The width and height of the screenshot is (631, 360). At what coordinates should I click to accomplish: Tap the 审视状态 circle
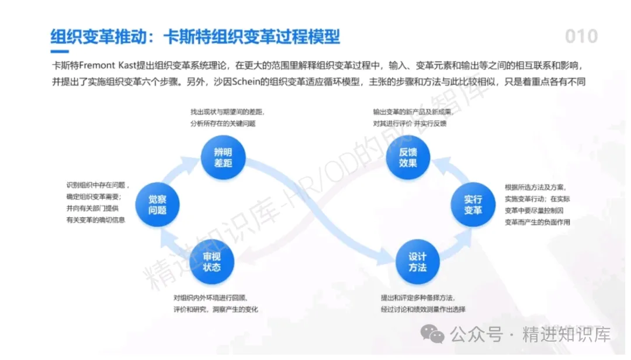tap(212, 262)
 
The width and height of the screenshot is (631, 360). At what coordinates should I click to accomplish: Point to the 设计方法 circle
tap(418, 262)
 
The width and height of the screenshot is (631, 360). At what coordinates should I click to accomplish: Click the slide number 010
tap(581, 36)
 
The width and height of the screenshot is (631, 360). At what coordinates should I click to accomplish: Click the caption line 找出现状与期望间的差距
tap(227, 111)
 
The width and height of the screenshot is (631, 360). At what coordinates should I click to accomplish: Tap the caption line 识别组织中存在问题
tap(98, 185)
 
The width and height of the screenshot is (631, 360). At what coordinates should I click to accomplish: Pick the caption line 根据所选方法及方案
tap(535, 187)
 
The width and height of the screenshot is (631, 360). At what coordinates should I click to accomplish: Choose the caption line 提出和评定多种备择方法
tap(417, 297)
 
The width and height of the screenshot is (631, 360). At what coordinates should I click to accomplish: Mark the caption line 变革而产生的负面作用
tap(537, 222)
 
